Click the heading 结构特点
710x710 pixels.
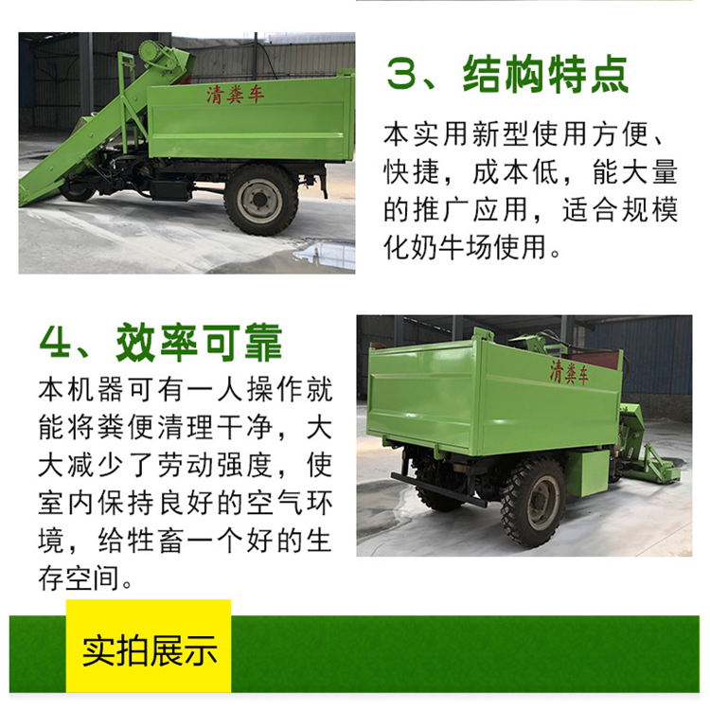coord(545,75)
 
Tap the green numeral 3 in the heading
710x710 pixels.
coord(401,75)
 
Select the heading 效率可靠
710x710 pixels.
coord(199,343)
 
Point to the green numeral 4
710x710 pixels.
coord(55,343)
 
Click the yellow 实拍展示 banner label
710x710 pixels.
coord(150,650)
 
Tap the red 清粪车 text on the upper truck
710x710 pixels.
coord(235,95)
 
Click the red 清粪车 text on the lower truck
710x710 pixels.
coord(569,373)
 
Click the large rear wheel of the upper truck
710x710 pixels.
coord(261,200)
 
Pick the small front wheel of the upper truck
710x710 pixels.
coord(77,190)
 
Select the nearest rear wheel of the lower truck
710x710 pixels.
coord(533,502)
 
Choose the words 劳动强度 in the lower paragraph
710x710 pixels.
coord(215,465)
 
